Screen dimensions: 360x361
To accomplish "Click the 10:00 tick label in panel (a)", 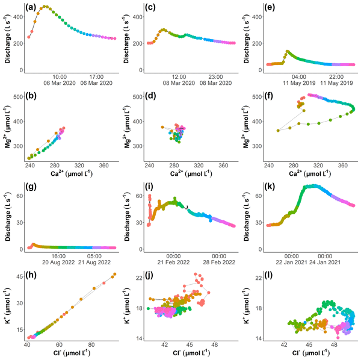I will coord(60,77).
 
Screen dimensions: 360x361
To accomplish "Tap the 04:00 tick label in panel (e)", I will coord(300,77).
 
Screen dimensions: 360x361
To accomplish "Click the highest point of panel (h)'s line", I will coord(114,275).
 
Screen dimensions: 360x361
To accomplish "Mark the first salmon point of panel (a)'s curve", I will coord(29,37).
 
